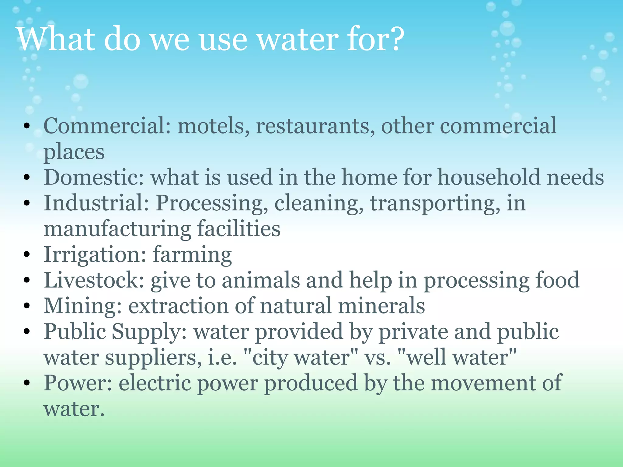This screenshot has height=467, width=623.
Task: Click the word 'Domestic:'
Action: click(x=94, y=177)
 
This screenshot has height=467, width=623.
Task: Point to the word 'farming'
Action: click(x=192, y=255)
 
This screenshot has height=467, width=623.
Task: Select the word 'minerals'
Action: click(x=381, y=306)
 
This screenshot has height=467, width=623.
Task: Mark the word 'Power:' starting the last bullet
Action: click(x=78, y=383)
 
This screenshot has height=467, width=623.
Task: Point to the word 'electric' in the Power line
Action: click(x=155, y=383)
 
